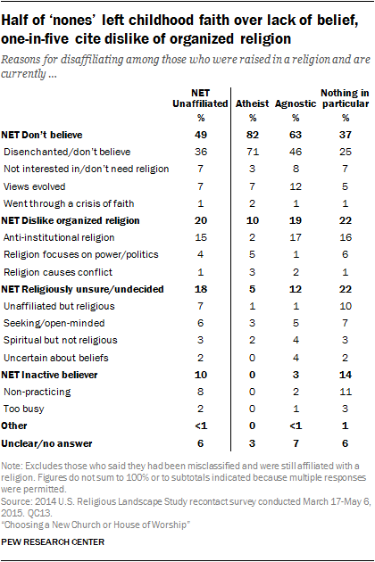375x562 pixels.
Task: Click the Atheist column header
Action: click(252, 104)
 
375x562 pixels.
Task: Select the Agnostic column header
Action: click(296, 104)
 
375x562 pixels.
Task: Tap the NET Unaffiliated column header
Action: click(200, 98)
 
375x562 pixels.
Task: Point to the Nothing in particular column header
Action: click(345, 98)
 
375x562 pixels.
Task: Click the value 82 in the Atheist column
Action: click(253, 135)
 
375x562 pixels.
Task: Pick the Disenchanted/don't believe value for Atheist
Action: click(253, 152)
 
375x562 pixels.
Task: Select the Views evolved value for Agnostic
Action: click(296, 186)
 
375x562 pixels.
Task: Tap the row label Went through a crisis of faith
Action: click(69, 204)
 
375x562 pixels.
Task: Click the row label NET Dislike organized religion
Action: click(71, 221)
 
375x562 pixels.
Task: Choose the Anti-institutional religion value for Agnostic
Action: click(296, 237)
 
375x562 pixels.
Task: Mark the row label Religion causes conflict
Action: click(58, 272)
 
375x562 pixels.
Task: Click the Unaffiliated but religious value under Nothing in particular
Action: click(346, 306)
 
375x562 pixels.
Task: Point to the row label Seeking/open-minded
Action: click(54, 323)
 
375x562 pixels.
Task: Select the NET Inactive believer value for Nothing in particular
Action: click(346, 375)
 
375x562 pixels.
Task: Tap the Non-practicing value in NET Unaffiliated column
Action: click(200, 392)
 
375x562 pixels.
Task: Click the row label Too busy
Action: click(24, 409)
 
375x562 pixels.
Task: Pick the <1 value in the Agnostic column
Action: click(296, 426)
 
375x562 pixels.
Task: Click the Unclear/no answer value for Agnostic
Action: click(296, 443)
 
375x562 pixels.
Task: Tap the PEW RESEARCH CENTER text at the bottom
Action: click(53, 541)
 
